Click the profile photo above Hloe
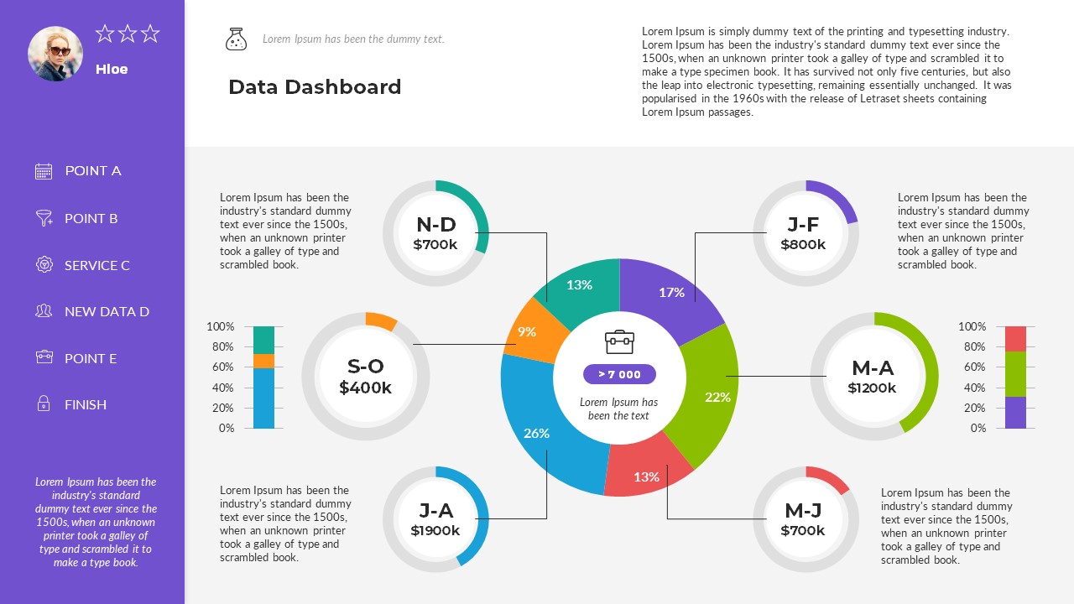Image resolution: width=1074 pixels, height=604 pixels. [55, 54]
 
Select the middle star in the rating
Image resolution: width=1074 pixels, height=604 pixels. [128, 34]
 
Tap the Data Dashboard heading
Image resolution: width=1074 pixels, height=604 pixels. [315, 86]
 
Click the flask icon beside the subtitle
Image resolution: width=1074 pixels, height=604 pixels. [236, 39]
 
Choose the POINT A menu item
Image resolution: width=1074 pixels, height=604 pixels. [93, 171]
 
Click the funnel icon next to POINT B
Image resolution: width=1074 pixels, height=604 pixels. [44, 218]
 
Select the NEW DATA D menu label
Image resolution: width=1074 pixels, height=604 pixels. [107, 311]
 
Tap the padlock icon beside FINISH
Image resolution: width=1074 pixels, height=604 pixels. [44, 404]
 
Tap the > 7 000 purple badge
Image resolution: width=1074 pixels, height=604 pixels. [619, 374]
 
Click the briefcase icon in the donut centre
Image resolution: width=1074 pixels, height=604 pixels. [619, 341]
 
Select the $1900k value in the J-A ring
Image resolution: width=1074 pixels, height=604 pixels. [435, 530]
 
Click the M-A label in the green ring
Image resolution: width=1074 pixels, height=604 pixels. [873, 367]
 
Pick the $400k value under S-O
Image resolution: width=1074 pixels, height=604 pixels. [365, 388]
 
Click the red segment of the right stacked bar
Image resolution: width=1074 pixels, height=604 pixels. [1015, 339]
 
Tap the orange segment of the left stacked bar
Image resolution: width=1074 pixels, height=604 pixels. [263, 361]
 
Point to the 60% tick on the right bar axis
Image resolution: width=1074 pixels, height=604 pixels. [972, 367]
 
